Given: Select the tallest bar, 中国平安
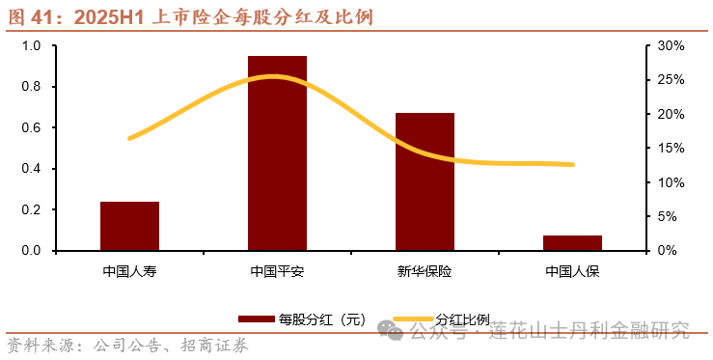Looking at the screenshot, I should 277,153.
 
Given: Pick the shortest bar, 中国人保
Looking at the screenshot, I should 572,242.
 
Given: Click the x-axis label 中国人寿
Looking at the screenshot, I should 130,270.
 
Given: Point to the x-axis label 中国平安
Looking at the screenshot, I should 277,270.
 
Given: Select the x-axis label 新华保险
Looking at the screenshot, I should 425,270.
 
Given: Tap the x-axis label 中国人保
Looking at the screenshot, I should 572,270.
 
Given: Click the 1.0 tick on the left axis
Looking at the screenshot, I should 32,45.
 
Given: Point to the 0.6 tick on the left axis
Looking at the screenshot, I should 32,127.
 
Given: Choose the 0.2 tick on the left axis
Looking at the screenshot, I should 32,209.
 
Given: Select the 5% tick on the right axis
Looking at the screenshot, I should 668,216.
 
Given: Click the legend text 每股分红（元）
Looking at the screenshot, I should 321,319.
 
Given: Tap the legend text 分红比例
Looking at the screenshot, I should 463,319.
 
